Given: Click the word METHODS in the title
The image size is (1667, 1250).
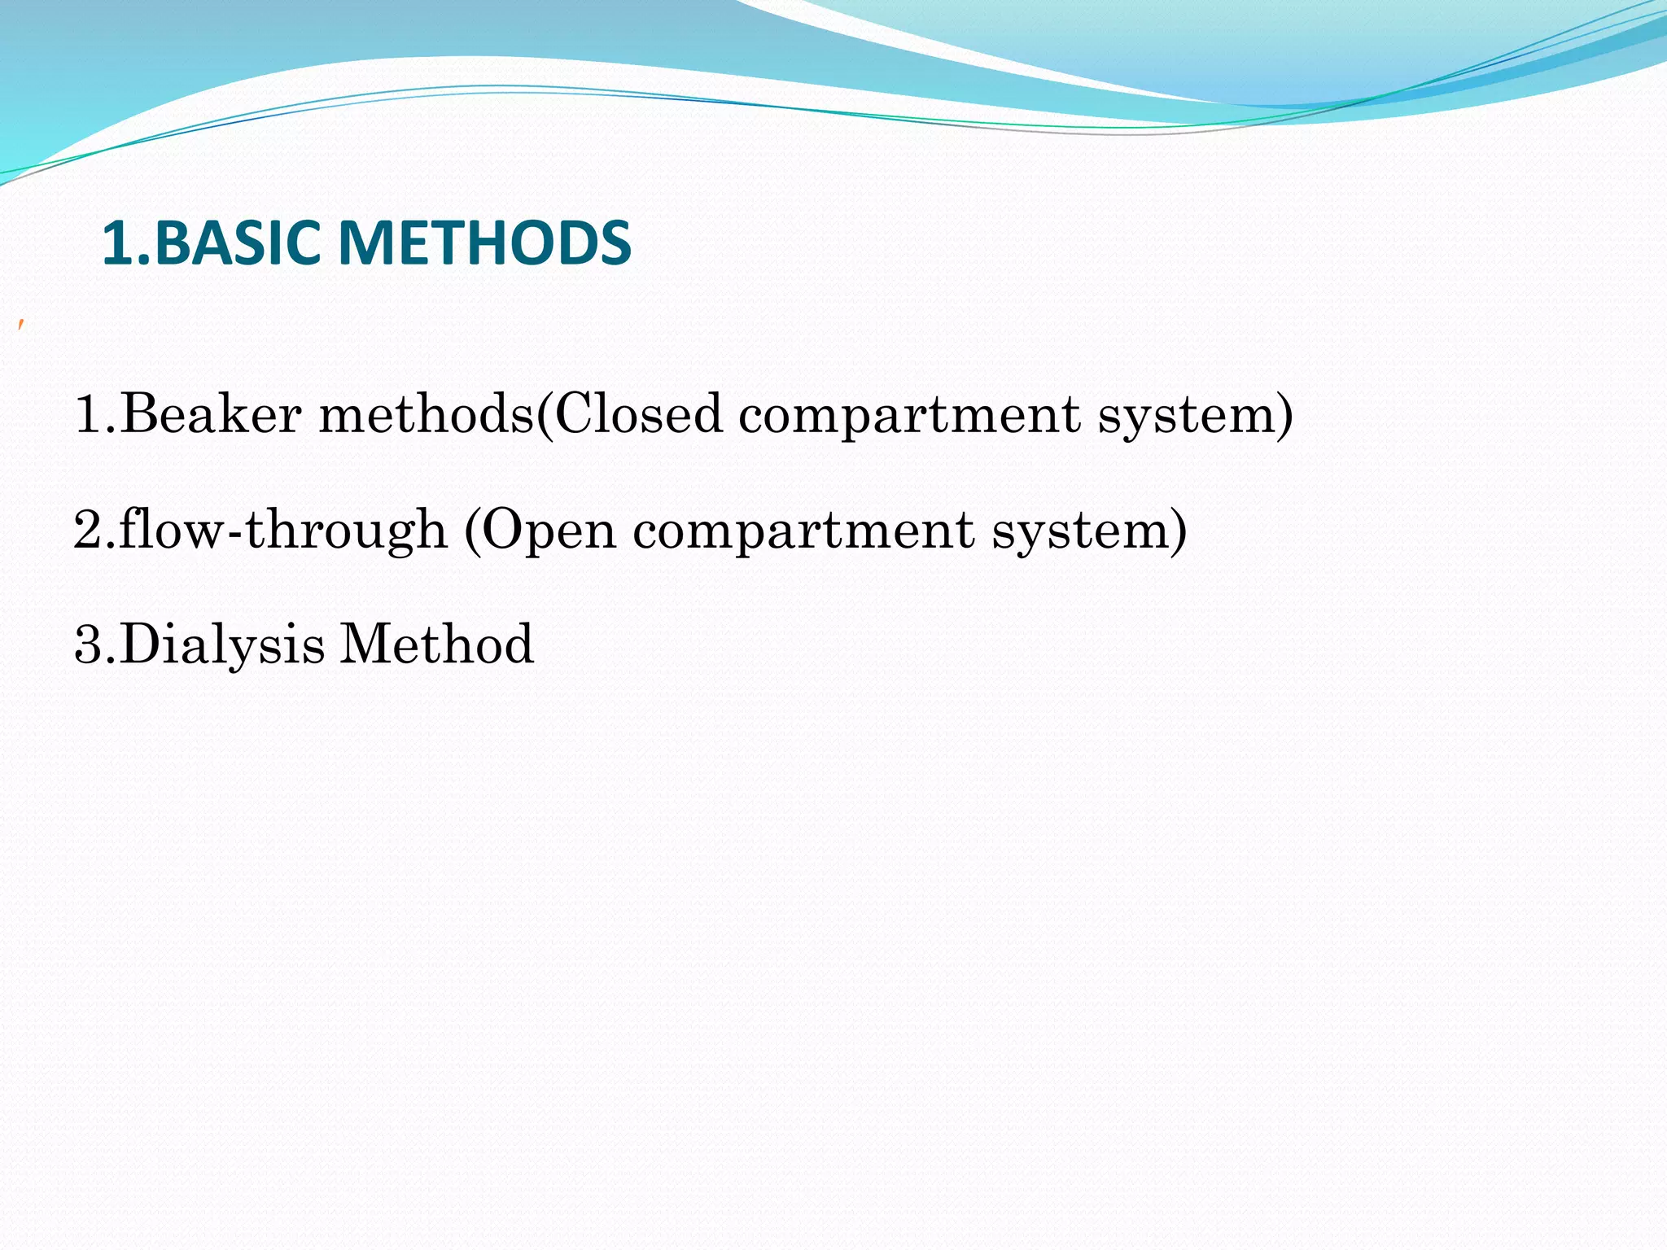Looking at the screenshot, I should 483,243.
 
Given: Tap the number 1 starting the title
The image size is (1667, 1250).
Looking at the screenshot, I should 116,243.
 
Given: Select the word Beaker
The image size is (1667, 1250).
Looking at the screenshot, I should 211,413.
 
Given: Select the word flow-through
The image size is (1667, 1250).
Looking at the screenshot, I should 283,530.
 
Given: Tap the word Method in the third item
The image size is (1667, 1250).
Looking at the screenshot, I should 436,644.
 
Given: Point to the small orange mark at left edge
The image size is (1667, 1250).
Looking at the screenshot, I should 21,326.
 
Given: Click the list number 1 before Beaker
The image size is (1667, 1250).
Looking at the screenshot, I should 88,413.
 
